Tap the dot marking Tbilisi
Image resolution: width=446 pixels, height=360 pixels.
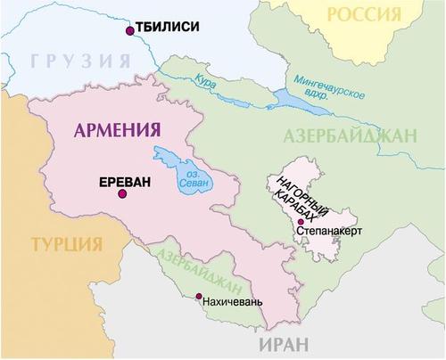coord(131,30)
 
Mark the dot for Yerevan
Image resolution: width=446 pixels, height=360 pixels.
coord(122,193)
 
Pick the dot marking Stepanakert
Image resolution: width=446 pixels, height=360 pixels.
coord(301,221)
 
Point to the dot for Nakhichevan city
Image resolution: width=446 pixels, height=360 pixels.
coord(199,297)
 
